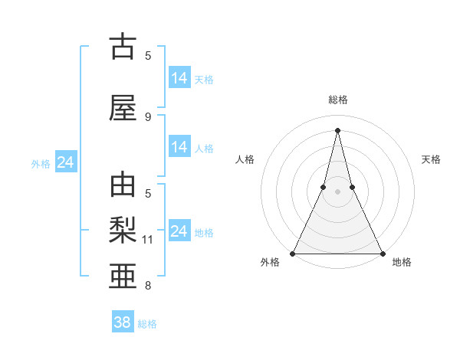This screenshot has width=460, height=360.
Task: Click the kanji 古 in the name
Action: click(x=123, y=47)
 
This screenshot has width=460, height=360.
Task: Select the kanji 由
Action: click(x=123, y=186)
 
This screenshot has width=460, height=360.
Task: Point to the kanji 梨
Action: click(x=123, y=229)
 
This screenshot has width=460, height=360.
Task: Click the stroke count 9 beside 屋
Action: click(x=148, y=117)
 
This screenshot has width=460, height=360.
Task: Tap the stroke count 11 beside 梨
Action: click(x=148, y=240)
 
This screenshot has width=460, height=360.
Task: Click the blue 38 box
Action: click(x=123, y=322)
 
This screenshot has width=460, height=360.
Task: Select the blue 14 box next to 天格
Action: click(x=179, y=78)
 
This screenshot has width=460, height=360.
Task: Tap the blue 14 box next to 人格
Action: click(x=179, y=147)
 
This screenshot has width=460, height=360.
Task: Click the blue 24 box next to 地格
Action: click(x=179, y=231)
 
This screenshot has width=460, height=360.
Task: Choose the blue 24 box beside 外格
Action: click(x=65, y=162)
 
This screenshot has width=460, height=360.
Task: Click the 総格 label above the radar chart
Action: click(x=338, y=100)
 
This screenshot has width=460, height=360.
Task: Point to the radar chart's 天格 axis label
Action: click(x=432, y=159)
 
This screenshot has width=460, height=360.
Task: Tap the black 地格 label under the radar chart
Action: click(x=402, y=262)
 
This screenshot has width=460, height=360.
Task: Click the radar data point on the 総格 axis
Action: click(x=337, y=130)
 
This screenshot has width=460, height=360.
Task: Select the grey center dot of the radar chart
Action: click(x=337, y=191)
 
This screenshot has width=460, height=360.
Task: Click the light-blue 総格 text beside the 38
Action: click(x=147, y=324)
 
